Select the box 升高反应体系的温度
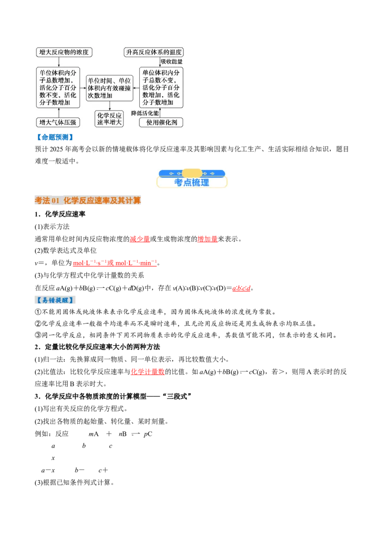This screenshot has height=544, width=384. (x=154, y=52)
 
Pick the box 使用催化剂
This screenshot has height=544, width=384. (x=161, y=122)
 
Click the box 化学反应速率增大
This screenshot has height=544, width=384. (x=109, y=119)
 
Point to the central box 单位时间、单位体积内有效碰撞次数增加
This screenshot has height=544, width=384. (x=109, y=88)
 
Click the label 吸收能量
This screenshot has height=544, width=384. (x=171, y=62)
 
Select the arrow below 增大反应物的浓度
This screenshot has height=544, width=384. (x=59, y=62)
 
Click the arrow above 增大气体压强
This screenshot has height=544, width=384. (x=59, y=112)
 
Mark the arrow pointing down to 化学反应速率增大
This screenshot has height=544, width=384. (x=109, y=106)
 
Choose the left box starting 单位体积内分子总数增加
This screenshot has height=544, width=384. (x=59, y=87)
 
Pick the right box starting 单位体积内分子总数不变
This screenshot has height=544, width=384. (x=161, y=87)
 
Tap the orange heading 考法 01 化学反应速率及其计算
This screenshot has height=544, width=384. (x=88, y=201)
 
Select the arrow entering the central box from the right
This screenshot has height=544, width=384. (x=136, y=88)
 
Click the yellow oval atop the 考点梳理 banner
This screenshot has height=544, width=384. (x=192, y=173)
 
